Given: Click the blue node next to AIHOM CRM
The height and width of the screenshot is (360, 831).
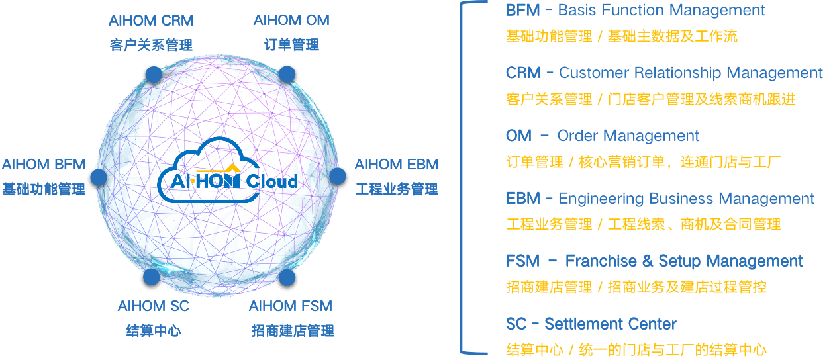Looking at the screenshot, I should click(x=153, y=74).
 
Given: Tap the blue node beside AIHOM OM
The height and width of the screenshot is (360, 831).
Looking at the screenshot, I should click(x=286, y=73).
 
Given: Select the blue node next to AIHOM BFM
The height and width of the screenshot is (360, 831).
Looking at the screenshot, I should click(x=99, y=177).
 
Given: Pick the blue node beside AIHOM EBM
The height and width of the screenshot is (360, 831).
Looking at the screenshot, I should click(x=338, y=176).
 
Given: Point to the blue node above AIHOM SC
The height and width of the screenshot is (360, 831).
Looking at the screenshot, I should click(x=151, y=277).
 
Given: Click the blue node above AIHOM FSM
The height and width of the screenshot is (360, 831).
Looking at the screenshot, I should click(x=286, y=277).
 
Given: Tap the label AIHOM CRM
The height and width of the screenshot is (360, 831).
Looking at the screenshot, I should click(x=151, y=21).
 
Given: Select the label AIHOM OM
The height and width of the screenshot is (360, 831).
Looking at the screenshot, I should click(x=291, y=21).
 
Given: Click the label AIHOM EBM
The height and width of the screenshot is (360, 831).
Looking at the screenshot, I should click(x=396, y=164).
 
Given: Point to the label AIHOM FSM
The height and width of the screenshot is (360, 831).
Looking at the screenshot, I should click(x=290, y=306).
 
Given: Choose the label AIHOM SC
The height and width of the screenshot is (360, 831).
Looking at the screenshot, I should click(x=153, y=306).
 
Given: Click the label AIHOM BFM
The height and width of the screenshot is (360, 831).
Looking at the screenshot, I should click(x=44, y=164).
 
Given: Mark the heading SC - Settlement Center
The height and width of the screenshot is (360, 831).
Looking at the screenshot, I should click(x=591, y=324).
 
